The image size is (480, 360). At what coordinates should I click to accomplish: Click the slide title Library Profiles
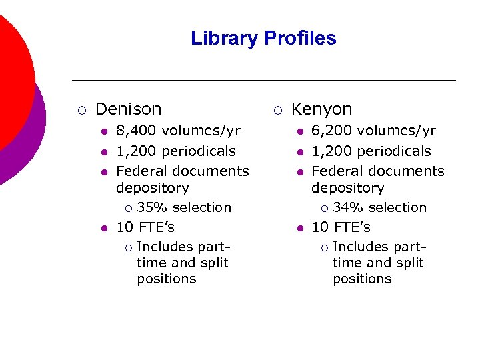click(263, 38)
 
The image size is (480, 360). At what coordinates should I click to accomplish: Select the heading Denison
click(129, 109)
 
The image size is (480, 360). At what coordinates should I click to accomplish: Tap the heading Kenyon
click(322, 109)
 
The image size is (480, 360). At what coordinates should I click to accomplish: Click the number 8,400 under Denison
click(134, 131)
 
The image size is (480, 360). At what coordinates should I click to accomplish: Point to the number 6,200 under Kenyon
click(329, 131)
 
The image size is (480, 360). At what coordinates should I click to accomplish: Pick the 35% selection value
click(150, 207)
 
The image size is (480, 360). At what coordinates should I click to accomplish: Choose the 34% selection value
click(346, 207)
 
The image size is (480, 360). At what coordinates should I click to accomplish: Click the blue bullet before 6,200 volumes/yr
click(300, 131)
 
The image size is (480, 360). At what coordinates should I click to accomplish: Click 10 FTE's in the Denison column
click(145, 227)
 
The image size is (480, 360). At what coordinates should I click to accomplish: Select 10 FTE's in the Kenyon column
click(341, 227)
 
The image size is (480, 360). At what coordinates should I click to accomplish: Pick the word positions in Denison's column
click(167, 279)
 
